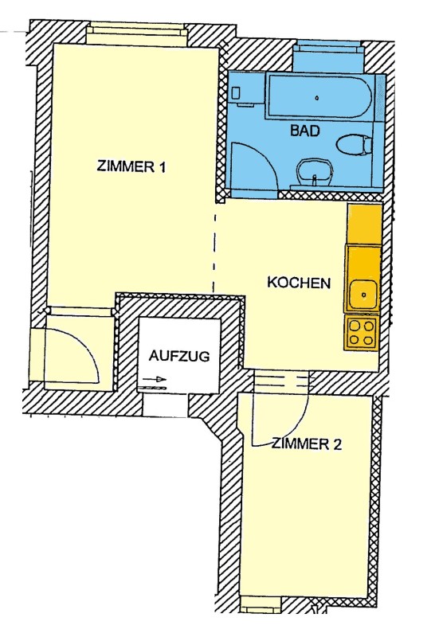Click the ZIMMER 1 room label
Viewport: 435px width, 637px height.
pos(131,166)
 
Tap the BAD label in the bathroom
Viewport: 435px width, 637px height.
pos(305,131)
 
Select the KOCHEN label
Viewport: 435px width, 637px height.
pos(299,283)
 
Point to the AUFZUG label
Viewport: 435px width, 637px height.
pos(179,356)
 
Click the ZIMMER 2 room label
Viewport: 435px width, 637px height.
pos(307,444)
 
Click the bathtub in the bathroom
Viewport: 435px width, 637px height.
pos(319,96)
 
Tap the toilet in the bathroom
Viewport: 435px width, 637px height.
pos(354,145)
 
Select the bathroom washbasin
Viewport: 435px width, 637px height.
pos(314,172)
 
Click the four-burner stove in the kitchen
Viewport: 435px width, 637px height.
pos(361,333)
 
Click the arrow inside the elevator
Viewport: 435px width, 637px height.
pos(155,380)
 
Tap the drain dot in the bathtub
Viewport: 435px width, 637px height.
pos(317,97)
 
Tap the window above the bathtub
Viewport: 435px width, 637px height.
pos(327,49)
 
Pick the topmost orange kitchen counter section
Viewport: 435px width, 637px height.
pos(364,224)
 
